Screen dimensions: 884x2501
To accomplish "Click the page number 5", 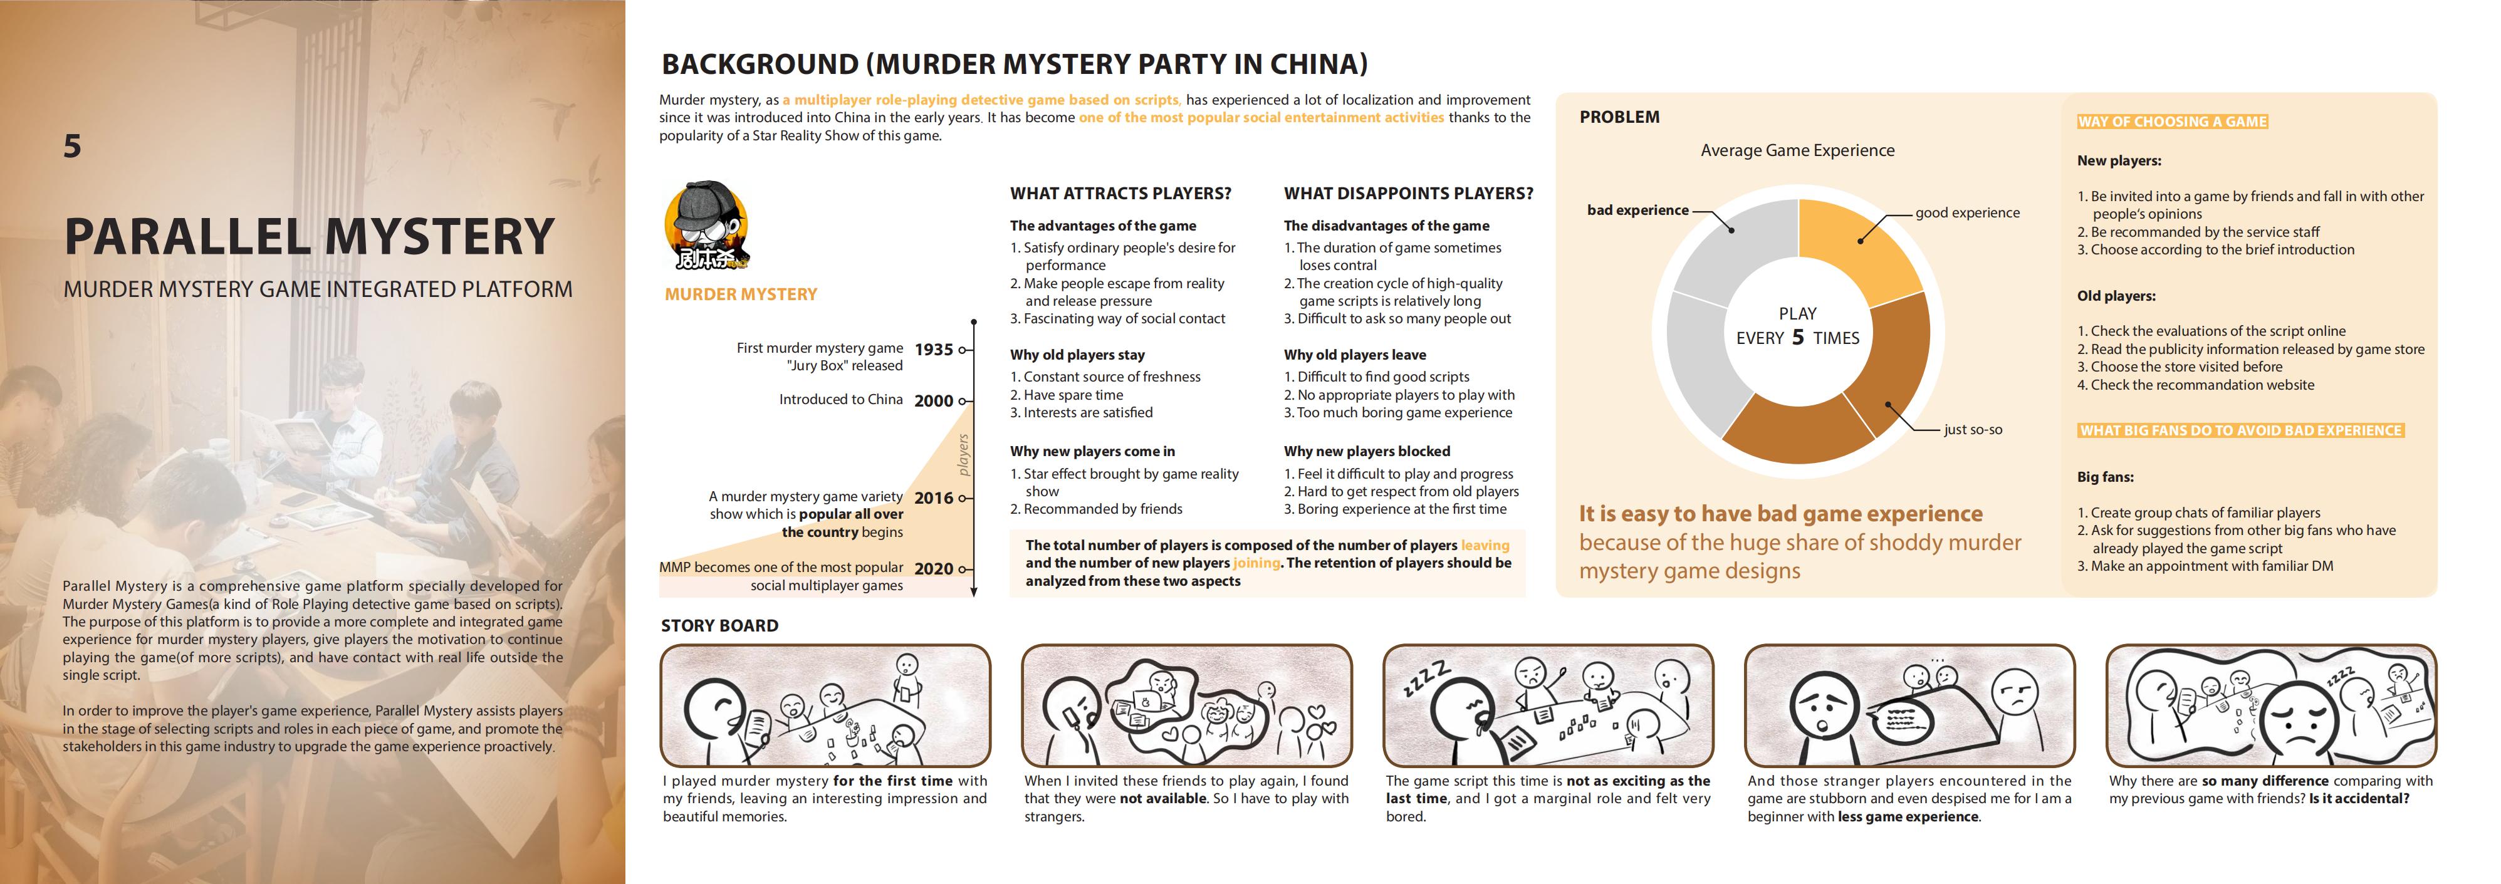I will click(72, 147).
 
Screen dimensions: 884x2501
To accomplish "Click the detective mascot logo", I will click(706, 225).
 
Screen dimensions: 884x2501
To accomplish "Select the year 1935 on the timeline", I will click(933, 350).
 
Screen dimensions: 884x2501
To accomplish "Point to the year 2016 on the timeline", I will click(933, 498).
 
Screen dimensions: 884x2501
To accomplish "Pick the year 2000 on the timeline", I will click(933, 401).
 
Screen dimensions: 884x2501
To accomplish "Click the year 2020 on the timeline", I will click(933, 569).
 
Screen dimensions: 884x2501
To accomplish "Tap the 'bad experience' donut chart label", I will click(1637, 211).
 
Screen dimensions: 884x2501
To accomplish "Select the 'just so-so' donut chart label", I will click(1973, 430).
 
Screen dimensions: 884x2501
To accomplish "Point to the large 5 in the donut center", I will click(1798, 336).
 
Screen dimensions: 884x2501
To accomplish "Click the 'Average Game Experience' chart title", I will click(1797, 150).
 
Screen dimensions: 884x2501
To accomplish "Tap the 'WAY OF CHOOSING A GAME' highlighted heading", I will click(2172, 122).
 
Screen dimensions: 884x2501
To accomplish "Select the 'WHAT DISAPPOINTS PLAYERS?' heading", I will click(1407, 193).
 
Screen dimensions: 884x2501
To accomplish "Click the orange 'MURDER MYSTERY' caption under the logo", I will click(741, 294).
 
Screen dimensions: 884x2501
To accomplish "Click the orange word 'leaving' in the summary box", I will click(1485, 545).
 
